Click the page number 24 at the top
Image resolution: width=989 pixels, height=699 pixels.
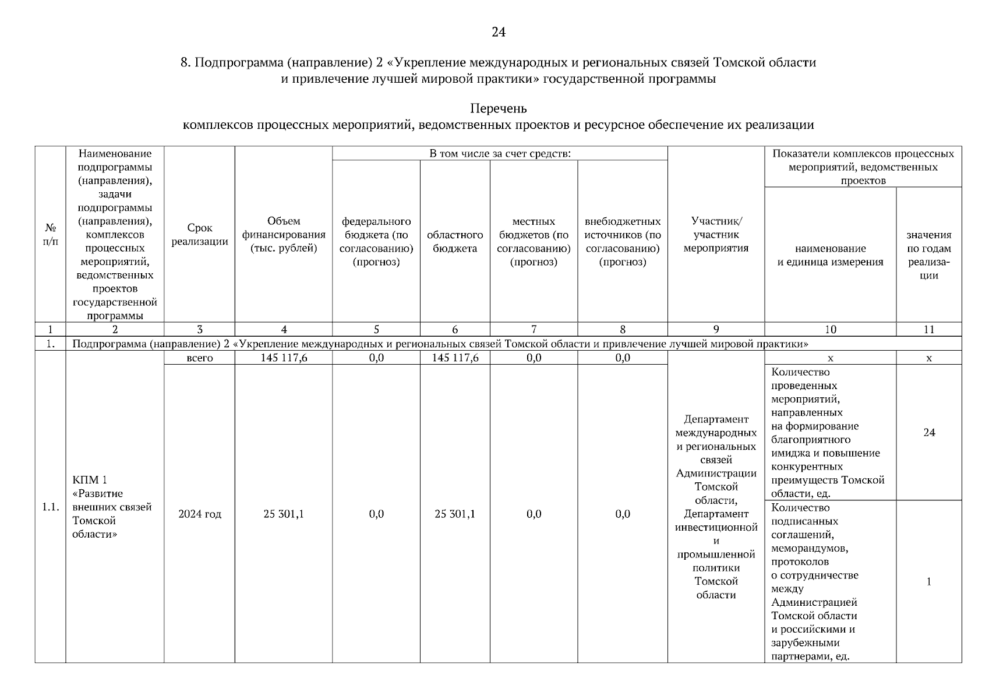pyautogui.click(x=498, y=32)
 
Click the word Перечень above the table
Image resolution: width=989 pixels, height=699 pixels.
pyautogui.click(x=498, y=108)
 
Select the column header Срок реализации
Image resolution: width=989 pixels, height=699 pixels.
pyautogui.click(x=200, y=235)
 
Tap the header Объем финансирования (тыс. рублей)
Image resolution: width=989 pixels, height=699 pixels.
pyautogui.click(x=284, y=235)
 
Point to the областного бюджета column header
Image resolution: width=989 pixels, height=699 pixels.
pyautogui.click(x=455, y=242)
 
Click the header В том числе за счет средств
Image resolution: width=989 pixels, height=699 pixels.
pyautogui.click(x=500, y=153)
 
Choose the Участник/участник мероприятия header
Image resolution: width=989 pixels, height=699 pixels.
pyautogui.click(x=716, y=235)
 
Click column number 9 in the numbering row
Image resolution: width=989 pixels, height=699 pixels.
pyautogui.click(x=716, y=329)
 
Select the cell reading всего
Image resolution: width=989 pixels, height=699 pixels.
pyautogui.click(x=200, y=358)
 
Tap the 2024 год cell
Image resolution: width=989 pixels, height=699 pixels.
pyautogui.click(x=200, y=514)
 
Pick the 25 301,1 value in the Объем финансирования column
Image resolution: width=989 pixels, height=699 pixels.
pyautogui.click(x=284, y=514)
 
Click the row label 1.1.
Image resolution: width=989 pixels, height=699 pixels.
pyautogui.click(x=51, y=507)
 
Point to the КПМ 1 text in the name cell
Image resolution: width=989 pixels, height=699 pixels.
pyautogui.click(x=90, y=480)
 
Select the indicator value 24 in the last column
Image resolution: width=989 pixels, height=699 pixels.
pyautogui.click(x=929, y=432)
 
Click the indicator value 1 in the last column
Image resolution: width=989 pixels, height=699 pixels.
pyautogui.click(x=929, y=581)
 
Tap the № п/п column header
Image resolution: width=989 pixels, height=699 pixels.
pyautogui.click(x=51, y=235)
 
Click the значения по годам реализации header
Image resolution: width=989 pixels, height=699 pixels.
pyautogui.click(x=929, y=255)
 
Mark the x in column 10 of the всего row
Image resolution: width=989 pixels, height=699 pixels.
pyautogui.click(x=830, y=358)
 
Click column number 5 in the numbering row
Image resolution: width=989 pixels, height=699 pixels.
pyautogui.click(x=376, y=329)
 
